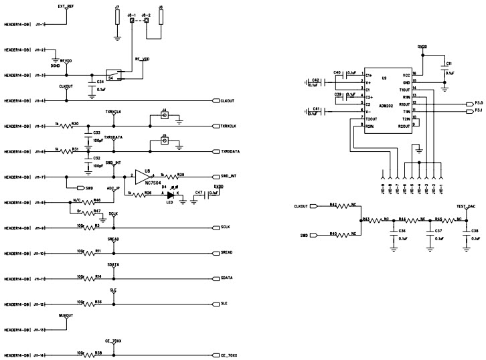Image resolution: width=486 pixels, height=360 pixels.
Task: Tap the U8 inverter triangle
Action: [x=141, y=177]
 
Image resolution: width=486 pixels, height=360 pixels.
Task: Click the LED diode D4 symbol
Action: [x=171, y=195]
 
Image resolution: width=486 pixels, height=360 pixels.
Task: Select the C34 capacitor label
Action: [x=100, y=82]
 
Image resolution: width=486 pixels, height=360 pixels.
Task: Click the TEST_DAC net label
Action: [x=466, y=205]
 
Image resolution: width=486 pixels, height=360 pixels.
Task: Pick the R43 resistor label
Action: [x=366, y=219]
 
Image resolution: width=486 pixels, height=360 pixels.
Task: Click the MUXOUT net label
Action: [x=66, y=314]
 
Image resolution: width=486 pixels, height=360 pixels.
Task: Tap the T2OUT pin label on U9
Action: [x=370, y=118]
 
